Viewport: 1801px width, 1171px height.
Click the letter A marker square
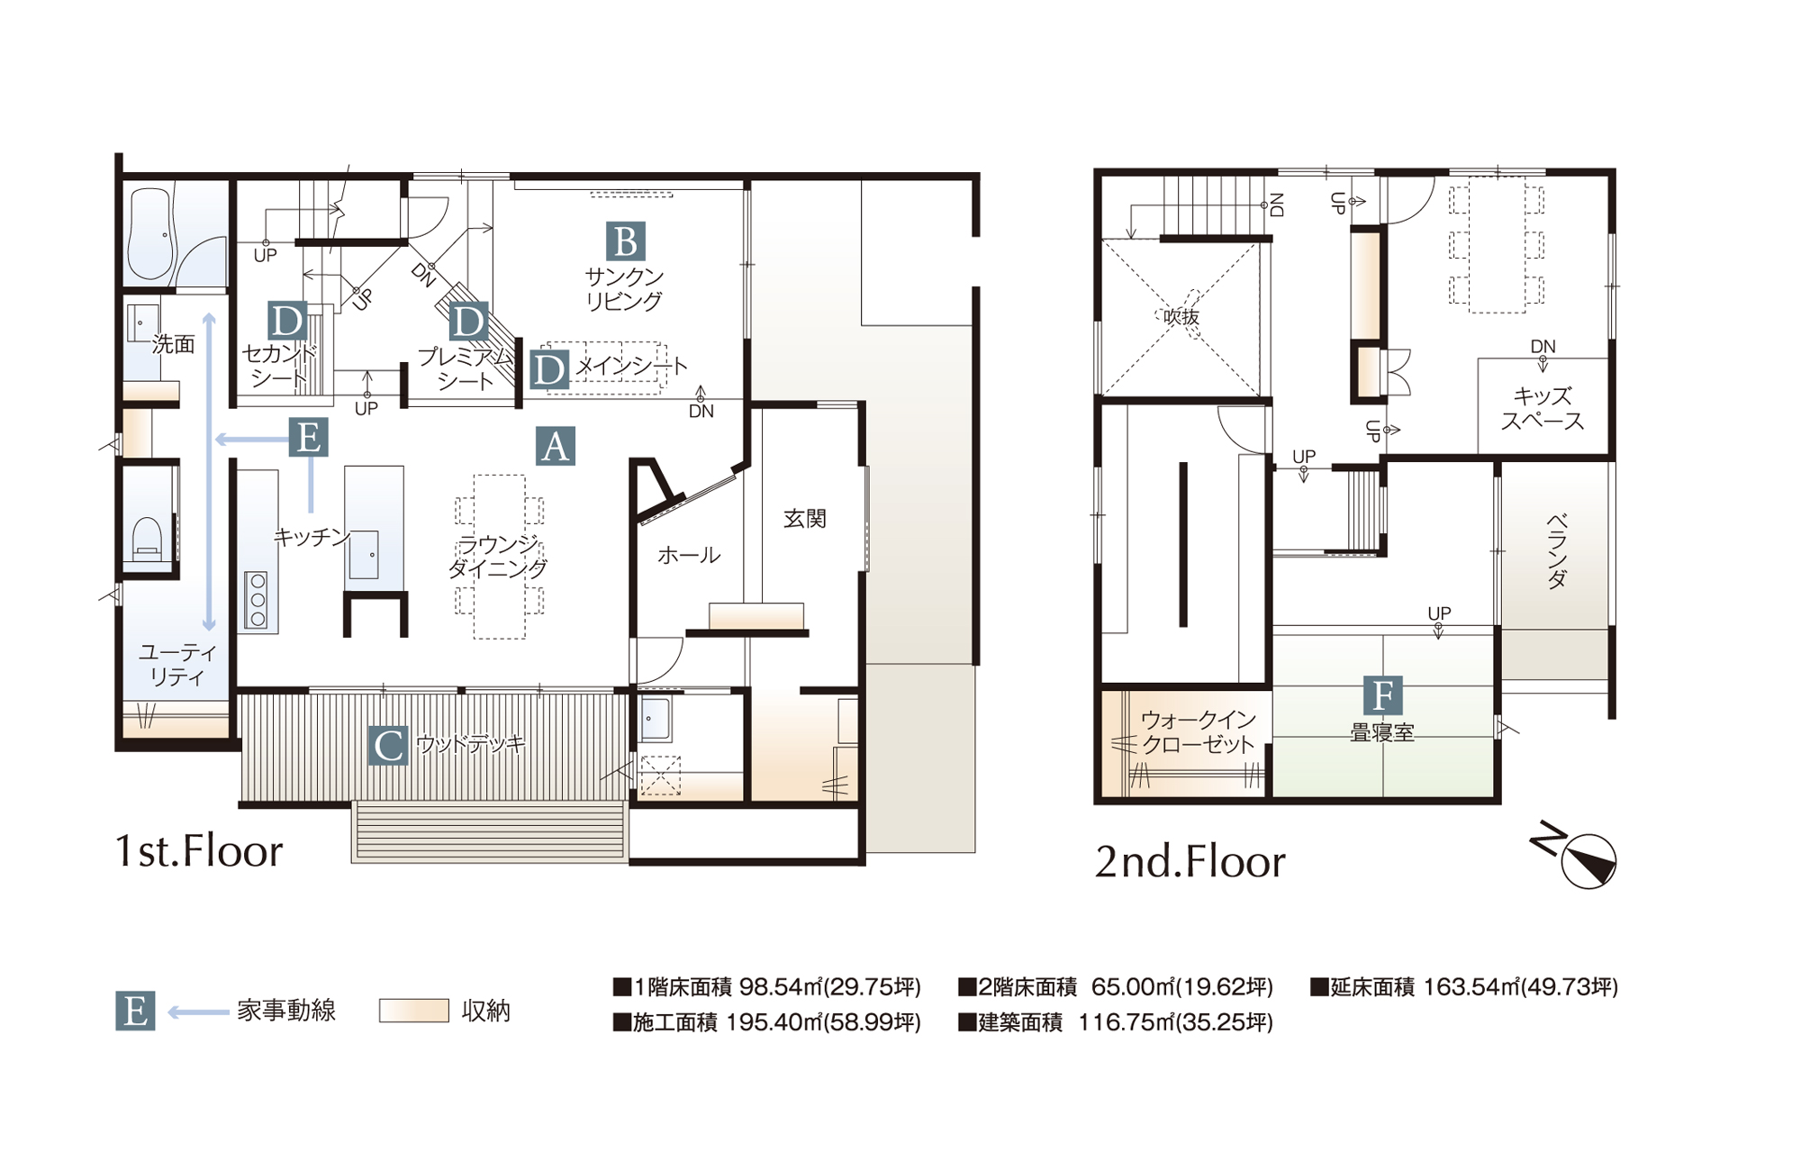(x=555, y=446)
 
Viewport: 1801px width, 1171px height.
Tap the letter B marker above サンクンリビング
(x=625, y=241)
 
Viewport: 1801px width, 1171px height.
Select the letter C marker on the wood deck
(x=388, y=746)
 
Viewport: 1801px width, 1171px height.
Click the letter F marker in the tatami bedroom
(x=1382, y=695)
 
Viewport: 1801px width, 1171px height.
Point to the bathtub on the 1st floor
(x=150, y=233)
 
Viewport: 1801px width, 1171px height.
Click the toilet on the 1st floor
(x=147, y=539)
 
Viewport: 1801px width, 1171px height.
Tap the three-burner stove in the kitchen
(x=258, y=599)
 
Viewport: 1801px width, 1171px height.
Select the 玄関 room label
(x=804, y=518)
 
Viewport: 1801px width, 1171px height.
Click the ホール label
(x=689, y=555)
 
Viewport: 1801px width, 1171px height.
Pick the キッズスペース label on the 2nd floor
(x=1542, y=408)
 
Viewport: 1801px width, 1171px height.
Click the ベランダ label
(x=1556, y=550)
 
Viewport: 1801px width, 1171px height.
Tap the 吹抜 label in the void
(x=1181, y=317)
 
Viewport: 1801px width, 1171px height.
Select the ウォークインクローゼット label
(x=1198, y=732)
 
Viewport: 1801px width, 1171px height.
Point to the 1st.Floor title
(x=199, y=851)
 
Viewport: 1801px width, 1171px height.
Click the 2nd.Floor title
(x=1190, y=862)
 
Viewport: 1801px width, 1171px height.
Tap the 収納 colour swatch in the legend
(x=414, y=1010)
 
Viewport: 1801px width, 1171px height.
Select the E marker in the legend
(x=135, y=1011)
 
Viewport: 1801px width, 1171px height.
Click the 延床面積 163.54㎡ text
(x=1464, y=987)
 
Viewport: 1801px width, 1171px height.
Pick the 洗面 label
(x=173, y=344)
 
